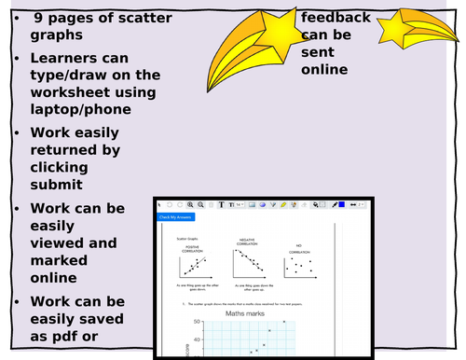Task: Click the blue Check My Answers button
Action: click(x=174, y=216)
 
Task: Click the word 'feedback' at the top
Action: click(x=335, y=18)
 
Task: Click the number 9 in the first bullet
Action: click(x=38, y=18)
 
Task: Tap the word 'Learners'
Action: click(x=64, y=58)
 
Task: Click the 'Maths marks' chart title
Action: click(x=246, y=313)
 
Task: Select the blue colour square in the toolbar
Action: click(x=342, y=203)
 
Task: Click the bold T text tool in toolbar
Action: click(x=221, y=203)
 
